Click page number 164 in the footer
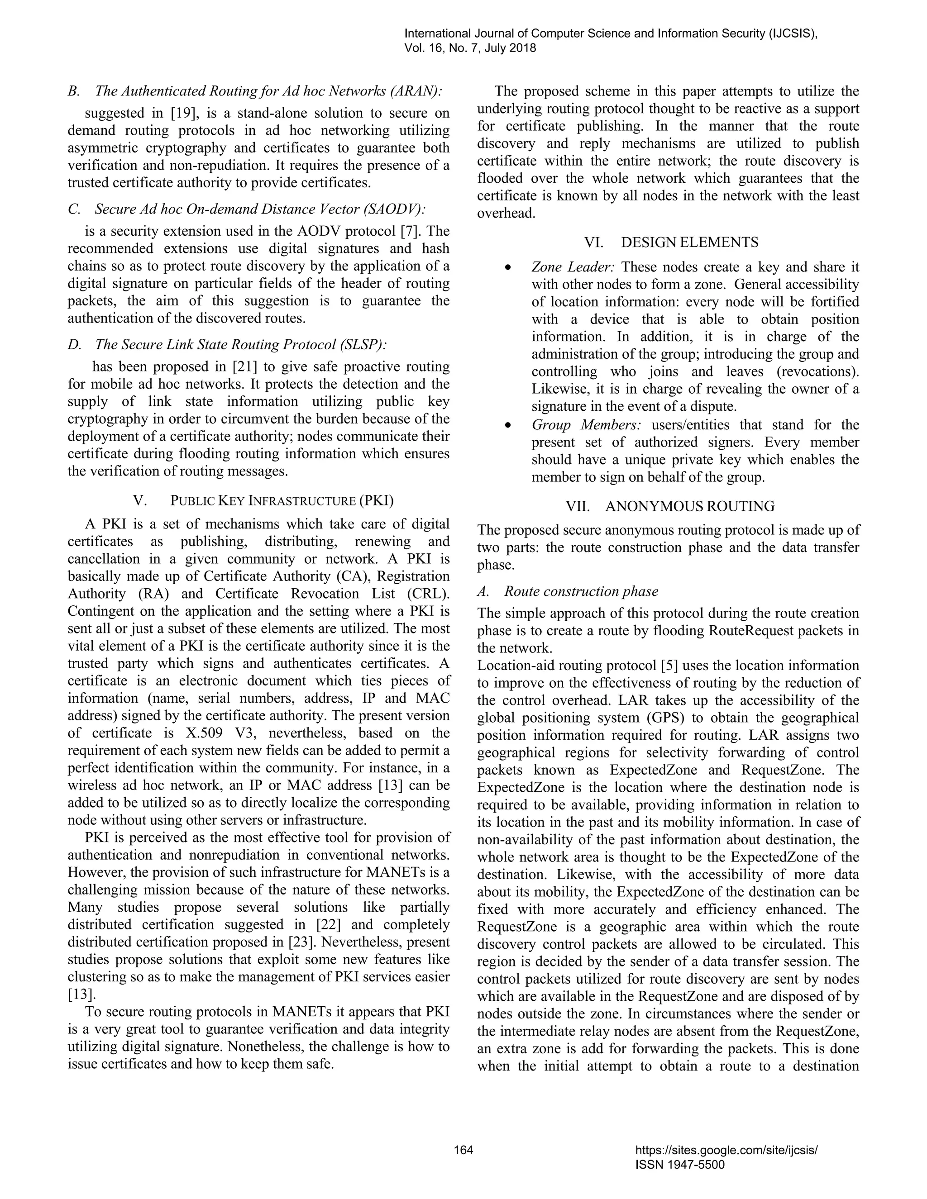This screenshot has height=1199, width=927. [x=463, y=1150]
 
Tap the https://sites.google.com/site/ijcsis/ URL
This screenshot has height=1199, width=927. [x=726, y=1150]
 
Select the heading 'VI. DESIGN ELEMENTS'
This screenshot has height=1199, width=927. [x=671, y=242]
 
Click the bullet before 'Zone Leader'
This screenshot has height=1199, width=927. [x=508, y=267]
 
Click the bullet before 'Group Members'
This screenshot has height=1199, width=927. [x=508, y=425]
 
